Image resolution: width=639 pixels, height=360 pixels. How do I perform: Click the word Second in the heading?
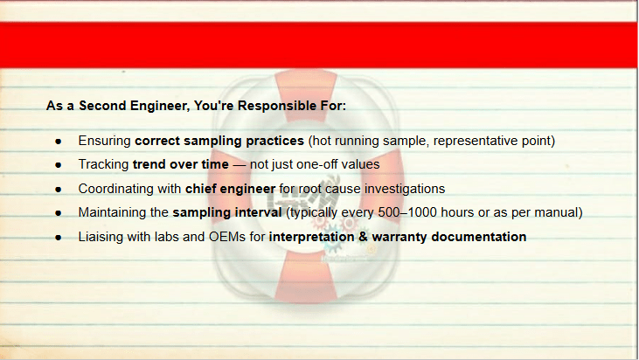(102, 106)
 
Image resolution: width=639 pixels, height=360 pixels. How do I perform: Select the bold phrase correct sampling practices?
(219, 141)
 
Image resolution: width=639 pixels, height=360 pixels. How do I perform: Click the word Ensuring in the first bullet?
(104, 141)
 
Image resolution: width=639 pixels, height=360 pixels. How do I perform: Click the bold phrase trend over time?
(181, 164)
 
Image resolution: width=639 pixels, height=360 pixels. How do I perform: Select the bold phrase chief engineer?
(230, 189)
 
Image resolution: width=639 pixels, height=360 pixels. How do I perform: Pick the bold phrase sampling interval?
(227, 212)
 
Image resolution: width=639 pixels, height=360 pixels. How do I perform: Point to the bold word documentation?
(479, 237)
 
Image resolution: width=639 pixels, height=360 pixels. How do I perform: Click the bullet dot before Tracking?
(59, 165)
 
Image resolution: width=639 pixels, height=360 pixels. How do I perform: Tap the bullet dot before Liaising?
(59, 238)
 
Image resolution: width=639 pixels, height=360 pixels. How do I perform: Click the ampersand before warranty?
(363, 237)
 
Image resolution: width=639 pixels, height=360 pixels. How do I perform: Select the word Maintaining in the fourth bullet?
(123, 212)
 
